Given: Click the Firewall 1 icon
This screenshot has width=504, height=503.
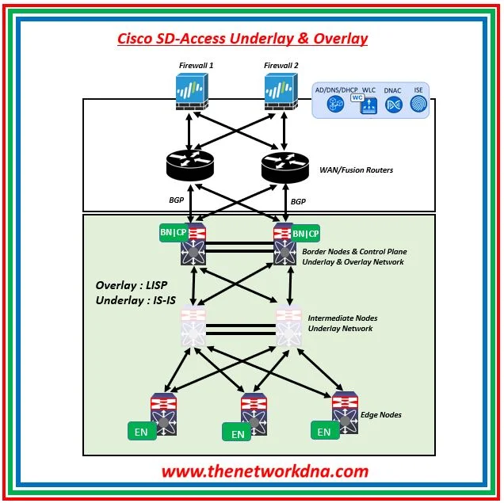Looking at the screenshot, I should click(x=190, y=93).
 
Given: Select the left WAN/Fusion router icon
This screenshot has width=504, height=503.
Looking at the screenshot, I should click(x=190, y=165).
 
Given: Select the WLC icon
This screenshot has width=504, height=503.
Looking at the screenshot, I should click(x=367, y=104).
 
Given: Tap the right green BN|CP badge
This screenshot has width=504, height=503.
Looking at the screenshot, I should click(x=305, y=234).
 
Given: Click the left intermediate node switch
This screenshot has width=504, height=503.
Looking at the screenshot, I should click(x=193, y=326).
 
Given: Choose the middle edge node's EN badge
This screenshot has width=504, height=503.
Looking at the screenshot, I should click(x=237, y=434).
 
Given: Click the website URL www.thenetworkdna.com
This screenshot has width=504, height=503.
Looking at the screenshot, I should click(x=265, y=471).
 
